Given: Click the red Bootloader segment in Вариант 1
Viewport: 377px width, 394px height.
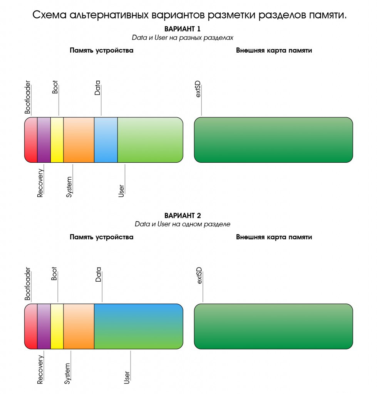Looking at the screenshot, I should [31, 140].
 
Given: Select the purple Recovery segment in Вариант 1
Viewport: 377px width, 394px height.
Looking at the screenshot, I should [44, 140].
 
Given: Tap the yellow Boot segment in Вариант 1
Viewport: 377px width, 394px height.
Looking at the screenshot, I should [57, 140].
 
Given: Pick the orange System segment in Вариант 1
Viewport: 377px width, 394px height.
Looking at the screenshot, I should [79, 140].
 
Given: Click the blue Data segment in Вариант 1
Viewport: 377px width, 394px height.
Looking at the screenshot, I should [106, 140].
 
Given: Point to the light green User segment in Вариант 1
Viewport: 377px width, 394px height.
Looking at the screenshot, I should [150, 140].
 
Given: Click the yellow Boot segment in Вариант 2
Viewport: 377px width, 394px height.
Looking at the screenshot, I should [57, 326].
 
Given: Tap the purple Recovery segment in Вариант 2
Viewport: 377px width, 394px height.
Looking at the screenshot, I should [44, 326].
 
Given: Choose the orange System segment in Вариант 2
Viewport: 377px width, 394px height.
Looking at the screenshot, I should [79, 326].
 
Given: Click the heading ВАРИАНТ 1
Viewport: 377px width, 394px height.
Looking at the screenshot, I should [183, 29].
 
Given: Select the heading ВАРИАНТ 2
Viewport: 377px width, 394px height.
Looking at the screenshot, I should [183, 215].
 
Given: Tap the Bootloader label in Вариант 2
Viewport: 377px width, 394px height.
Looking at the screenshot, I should [28, 283].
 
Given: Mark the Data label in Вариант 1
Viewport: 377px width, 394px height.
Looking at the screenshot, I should [97, 88].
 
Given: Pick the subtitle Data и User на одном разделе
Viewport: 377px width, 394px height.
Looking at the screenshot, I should [183, 224].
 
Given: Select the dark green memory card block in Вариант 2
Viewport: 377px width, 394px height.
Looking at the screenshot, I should [273, 326].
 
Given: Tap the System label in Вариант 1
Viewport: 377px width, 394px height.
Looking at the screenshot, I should [69, 187].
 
